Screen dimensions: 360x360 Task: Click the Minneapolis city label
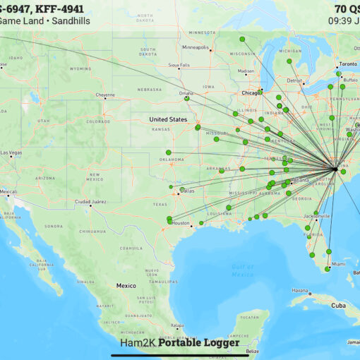195,47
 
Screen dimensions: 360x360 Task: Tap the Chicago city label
250,92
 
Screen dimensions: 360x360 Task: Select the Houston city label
181,223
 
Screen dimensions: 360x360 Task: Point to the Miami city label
339,264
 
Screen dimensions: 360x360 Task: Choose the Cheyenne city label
105,95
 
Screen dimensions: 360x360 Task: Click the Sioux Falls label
179,65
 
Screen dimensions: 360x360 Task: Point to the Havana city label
301,291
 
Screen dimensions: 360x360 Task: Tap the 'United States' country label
168,119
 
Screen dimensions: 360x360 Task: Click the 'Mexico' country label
126,286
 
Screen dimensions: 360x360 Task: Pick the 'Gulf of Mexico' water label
242,270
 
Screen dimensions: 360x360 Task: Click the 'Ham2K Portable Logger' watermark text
180,343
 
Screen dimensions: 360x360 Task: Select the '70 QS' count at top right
346,9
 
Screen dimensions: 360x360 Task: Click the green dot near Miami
327,269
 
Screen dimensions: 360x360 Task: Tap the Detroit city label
294,80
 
